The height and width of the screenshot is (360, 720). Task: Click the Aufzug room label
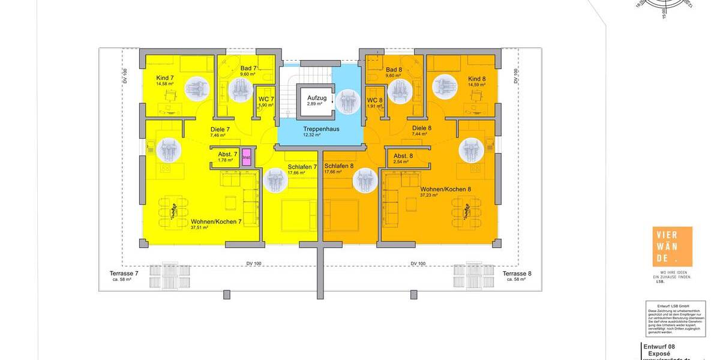point(317,97)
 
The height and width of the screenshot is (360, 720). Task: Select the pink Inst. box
point(246,157)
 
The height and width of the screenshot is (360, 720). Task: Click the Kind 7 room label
point(164,78)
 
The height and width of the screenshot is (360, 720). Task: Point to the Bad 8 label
point(394,70)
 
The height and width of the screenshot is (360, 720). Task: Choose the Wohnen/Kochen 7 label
point(216,221)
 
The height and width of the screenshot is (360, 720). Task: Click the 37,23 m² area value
point(428,195)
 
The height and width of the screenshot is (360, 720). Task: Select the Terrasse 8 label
point(517,273)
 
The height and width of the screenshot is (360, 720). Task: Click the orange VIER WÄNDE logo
point(672,247)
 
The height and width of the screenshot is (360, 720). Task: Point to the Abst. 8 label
point(403,156)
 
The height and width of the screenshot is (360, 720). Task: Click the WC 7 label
point(266,99)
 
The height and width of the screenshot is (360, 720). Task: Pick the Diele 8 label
point(422,128)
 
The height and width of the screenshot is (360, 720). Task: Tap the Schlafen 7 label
point(302,166)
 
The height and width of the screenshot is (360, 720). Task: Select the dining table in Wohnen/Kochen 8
point(467,213)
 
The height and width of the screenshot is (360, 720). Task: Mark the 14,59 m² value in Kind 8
point(476,85)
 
